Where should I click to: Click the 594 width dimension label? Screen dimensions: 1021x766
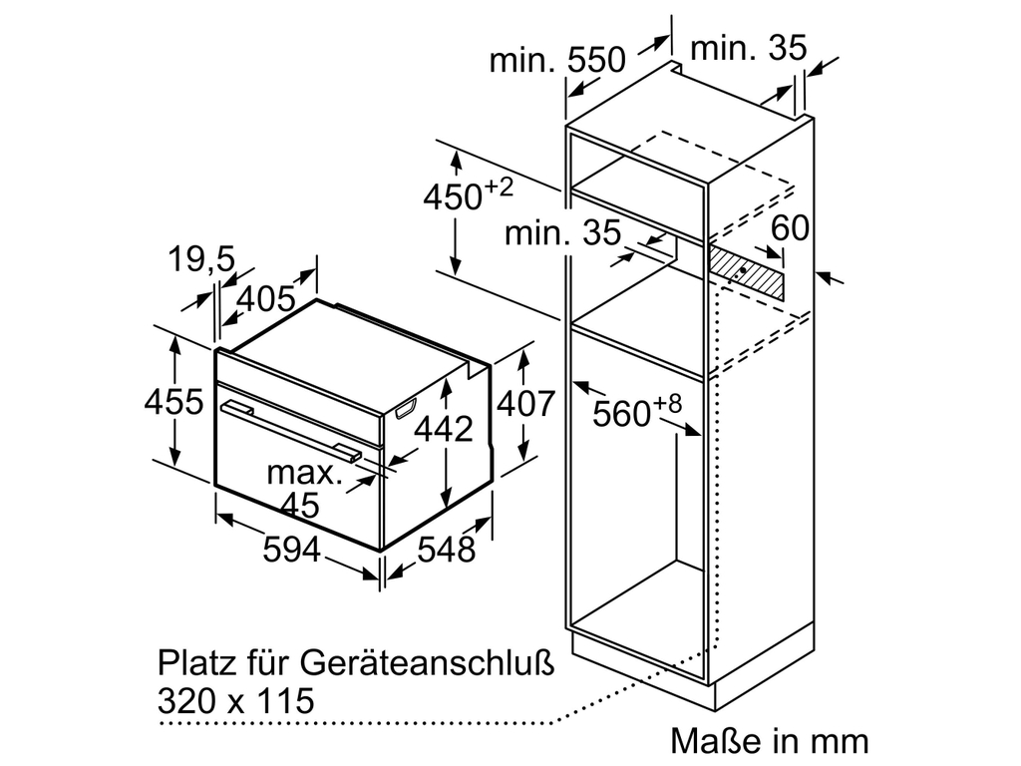(292, 550)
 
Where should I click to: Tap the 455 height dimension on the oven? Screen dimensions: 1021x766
(173, 403)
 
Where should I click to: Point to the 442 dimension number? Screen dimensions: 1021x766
(444, 429)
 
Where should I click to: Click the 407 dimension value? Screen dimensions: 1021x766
(524, 403)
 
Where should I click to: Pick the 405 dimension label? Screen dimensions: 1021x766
(267, 297)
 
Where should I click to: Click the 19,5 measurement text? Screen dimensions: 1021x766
(199, 260)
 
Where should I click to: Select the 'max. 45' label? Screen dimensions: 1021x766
(303, 488)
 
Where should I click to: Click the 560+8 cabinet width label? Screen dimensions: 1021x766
(636, 411)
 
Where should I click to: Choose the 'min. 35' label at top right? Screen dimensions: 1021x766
(747, 47)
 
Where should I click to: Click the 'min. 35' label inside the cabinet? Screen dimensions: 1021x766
(562, 233)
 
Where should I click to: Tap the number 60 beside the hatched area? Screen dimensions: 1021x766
(790, 228)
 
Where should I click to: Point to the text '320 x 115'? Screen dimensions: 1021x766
(235, 699)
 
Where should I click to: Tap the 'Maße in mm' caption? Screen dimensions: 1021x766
(769, 741)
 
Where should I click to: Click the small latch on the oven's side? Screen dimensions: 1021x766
(406, 407)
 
